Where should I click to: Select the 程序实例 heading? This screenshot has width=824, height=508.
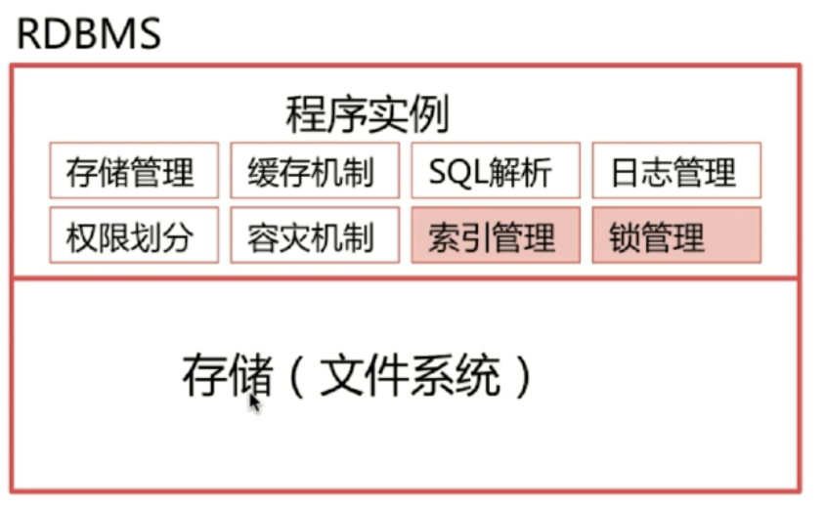(368, 115)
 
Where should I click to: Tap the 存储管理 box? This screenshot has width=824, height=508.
(134, 172)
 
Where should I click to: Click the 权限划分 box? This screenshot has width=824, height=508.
(134, 235)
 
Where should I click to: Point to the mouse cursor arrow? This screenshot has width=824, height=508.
(254, 402)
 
